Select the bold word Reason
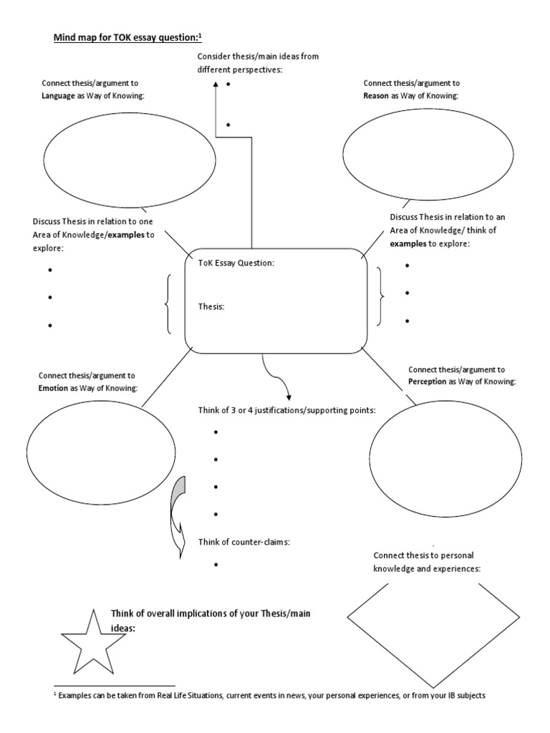(375, 95)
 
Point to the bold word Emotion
(53, 387)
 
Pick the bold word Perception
(428, 382)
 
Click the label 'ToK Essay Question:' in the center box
(236, 263)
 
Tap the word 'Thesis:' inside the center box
(211, 306)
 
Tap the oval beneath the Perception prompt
(441, 451)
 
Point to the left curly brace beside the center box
(168, 304)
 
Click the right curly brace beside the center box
(380, 295)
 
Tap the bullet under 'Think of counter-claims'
(216, 565)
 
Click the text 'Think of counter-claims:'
(243, 541)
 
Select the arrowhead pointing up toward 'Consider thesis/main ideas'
(216, 86)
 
